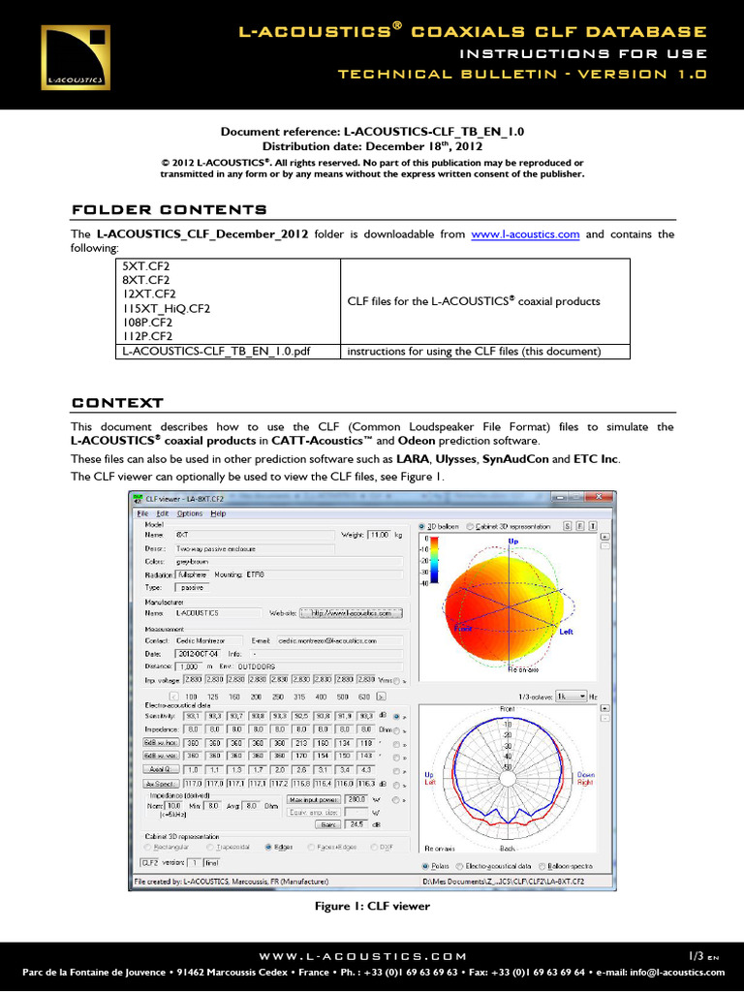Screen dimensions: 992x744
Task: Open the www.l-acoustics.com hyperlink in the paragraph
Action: coord(524,234)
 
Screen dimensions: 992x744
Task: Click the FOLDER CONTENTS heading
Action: coord(170,210)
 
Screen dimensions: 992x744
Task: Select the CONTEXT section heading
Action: coord(117,403)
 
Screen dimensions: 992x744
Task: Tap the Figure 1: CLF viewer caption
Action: coord(372,906)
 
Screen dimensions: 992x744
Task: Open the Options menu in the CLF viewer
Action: coord(190,513)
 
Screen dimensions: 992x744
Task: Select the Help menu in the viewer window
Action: coord(218,513)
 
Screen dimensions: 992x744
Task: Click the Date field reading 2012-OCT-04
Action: coord(200,653)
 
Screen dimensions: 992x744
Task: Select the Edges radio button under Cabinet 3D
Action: coord(268,845)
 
